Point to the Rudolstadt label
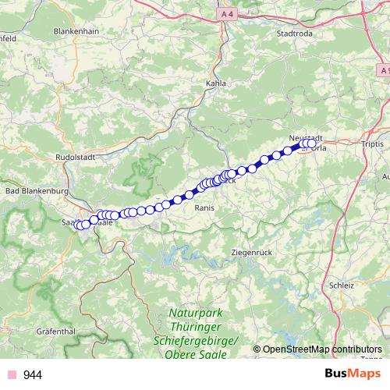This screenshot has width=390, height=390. (x=76, y=156)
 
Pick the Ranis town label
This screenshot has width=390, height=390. (x=204, y=208)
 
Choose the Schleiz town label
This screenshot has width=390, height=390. (x=342, y=285)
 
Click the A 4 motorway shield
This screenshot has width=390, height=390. (x=227, y=14)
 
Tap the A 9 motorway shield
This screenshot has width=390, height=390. (x=385, y=70)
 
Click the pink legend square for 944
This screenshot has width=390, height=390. (x=12, y=375)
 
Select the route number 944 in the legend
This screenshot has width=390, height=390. (x=33, y=375)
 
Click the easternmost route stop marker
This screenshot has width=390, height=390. (x=312, y=144)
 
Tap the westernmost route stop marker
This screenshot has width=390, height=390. (x=79, y=225)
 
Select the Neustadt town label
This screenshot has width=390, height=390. (x=305, y=137)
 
